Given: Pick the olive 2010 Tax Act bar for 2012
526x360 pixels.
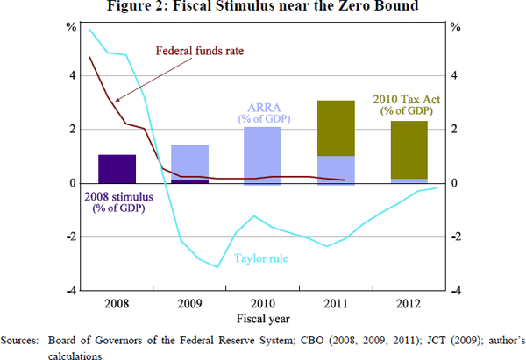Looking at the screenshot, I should tap(408, 150).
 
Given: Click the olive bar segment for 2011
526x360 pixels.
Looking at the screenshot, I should tap(335, 128).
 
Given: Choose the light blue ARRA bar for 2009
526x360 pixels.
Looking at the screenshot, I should tap(189, 163).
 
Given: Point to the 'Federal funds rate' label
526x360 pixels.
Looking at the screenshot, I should tap(199, 51).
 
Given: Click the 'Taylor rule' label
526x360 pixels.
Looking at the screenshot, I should tap(260, 258).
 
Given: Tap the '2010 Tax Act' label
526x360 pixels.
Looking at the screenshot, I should tap(407, 98).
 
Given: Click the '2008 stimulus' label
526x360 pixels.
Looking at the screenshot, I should tap(114, 195).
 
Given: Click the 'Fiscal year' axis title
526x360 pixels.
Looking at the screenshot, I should tap(262, 317).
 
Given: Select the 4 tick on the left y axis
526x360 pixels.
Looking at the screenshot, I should tap(73, 75).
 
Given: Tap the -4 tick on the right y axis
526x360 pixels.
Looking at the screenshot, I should tap(457, 290).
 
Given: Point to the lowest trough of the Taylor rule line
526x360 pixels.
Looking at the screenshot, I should tap(217, 267).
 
